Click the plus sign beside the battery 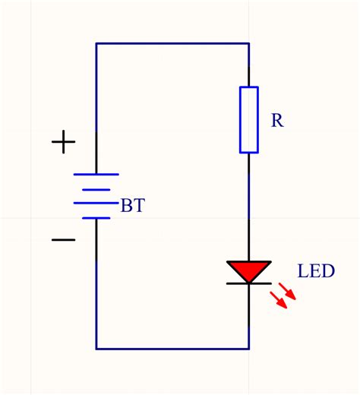click(x=63, y=142)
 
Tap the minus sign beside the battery click(x=63, y=240)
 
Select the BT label click(x=133, y=206)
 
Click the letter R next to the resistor click(x=277, y=121)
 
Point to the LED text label click(x=316, y=271)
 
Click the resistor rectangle click(x=248, y=120)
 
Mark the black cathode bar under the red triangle click(x=248, y=283)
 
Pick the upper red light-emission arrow click(x=288, y=290)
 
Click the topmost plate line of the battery click(x=96, y=174)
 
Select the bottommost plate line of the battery click(x=96, y=218)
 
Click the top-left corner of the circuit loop click(x=96, y=44)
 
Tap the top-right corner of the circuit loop click(x=248, y=44)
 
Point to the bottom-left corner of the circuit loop click(x=96, y=349)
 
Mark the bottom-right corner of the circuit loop click(x=248, y=349)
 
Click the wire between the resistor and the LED click(x=248, y=205)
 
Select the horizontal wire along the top click(x=172, y=44)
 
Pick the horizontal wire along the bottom click(x=172, y=349)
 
